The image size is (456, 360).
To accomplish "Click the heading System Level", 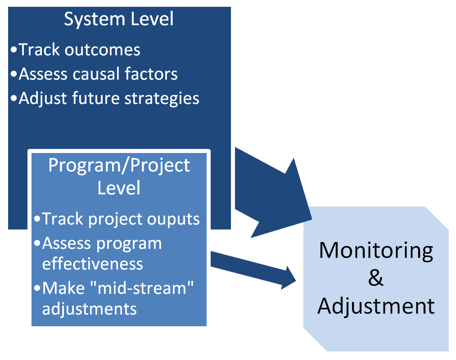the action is pyautogui.click(x=119, y=19).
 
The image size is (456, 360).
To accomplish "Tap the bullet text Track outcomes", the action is pyautogui.click(x=79, y=49).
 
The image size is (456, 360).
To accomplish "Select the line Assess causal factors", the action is pyautogui.click(x=98, y=73).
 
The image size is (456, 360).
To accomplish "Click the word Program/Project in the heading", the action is pyautogui.click(x=119, y=166).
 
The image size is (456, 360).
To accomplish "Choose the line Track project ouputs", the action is pyautogui.click(x=121, y=219).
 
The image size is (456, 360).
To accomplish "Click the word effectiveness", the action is pyautogui.click(x=92, y=264).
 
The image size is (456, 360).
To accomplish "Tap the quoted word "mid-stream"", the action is pyautogui.click(x=142, y=288).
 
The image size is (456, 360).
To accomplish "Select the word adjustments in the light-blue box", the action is pyautogui.click(x=89, y=309).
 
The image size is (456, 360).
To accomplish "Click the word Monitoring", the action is pyautogui.click(x=376, y=250).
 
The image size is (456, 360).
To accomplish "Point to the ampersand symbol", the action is pyautogui.click(x=376, y=278).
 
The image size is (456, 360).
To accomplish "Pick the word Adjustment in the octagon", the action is pyautogui.click(x=376, y=306).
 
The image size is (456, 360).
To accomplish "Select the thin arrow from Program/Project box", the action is pyautogui.click(x=253, y=270).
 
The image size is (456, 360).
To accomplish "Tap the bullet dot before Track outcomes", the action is pyautogui.click(x=14, y=49).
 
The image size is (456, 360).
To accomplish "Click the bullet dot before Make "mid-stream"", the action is pyautogui.click(x=37, y=288).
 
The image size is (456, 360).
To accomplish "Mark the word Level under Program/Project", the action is pyautogui.click(x=119, y=188).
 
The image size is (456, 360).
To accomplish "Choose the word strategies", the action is pyautogui.click(x=162, y=99).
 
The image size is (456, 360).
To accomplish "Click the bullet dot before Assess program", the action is pyautogui.click(x=37, y=243).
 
